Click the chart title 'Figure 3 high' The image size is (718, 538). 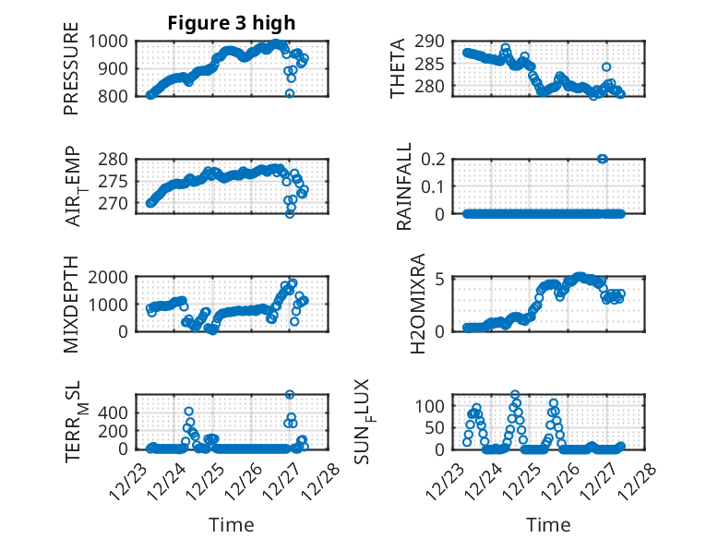point(232,23)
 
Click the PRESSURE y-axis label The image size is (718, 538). point(72,68)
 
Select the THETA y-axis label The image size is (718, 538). point(398,68)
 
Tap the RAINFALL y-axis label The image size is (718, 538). point(404,186)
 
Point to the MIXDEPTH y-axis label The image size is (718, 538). point(72,304)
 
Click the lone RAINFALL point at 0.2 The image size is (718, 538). point(603,159)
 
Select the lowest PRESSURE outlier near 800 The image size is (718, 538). point(290,93)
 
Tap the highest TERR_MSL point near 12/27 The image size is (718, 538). point(290,394)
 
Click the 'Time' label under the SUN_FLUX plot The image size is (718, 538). point(548,524)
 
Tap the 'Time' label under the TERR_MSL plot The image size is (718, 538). point(231,524)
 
